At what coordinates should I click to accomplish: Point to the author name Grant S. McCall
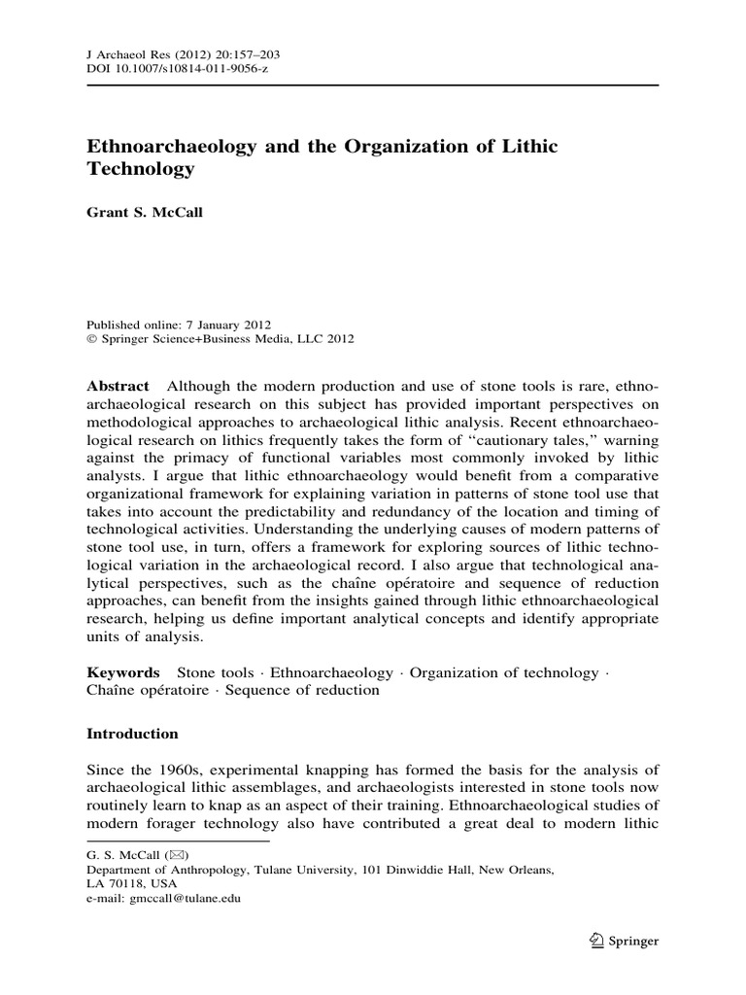point(143,215)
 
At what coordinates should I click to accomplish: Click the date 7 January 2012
point(226,325)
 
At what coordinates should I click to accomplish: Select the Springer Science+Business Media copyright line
point(220,339)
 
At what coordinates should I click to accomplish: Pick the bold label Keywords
point(123,672)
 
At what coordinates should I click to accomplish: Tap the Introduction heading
point(133,734)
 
